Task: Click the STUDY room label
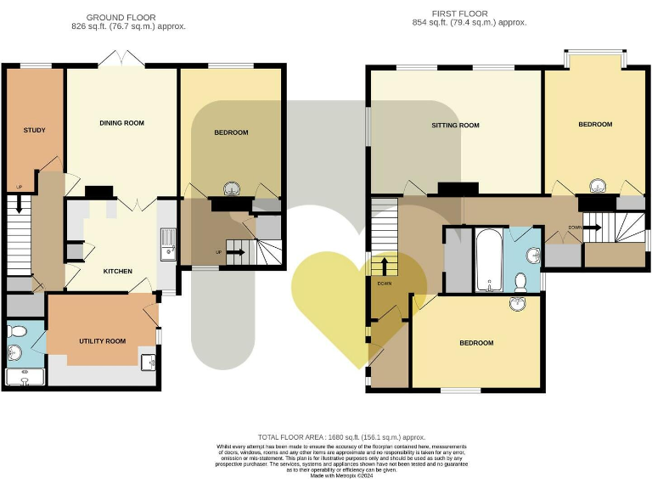pos(34,130)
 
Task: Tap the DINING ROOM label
pos(121,123)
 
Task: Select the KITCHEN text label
pos(117,272)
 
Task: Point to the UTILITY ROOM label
pos(102,341)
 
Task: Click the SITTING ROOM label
pos(456,126)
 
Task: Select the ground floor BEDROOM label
pos(231,132)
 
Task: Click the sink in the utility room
pos(149,363)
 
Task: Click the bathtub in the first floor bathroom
pos(488,260)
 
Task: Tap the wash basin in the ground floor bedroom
pos(231,189)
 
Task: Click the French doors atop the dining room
pos(121,59)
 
